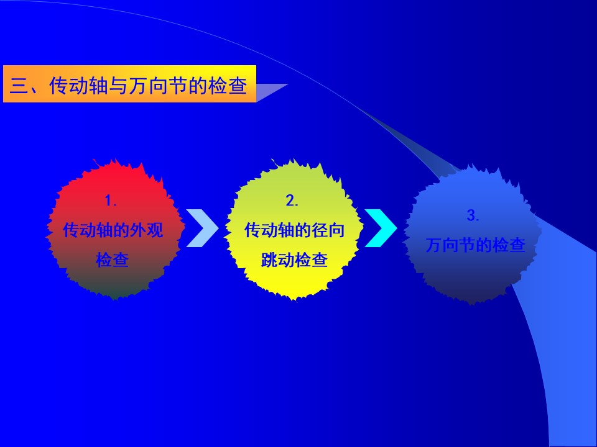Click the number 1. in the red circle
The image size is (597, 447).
111,201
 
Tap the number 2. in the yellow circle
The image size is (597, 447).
292,201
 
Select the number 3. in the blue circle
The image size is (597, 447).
473,215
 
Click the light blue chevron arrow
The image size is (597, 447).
202,228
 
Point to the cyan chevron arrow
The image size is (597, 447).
381,228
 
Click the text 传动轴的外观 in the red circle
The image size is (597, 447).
113,230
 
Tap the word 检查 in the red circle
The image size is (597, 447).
113,260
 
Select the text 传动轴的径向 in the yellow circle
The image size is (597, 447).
294,230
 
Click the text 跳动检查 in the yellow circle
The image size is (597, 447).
294,260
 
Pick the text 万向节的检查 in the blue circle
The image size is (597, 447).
476,245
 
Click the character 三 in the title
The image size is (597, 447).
19,85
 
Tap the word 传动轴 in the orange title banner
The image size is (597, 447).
78,85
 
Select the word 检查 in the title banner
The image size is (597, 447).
228,85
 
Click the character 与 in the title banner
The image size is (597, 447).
118,85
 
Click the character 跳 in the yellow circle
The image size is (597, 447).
269,260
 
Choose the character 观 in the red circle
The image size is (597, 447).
155,230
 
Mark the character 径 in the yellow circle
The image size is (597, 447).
320,230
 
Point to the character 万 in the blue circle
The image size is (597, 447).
433,245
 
